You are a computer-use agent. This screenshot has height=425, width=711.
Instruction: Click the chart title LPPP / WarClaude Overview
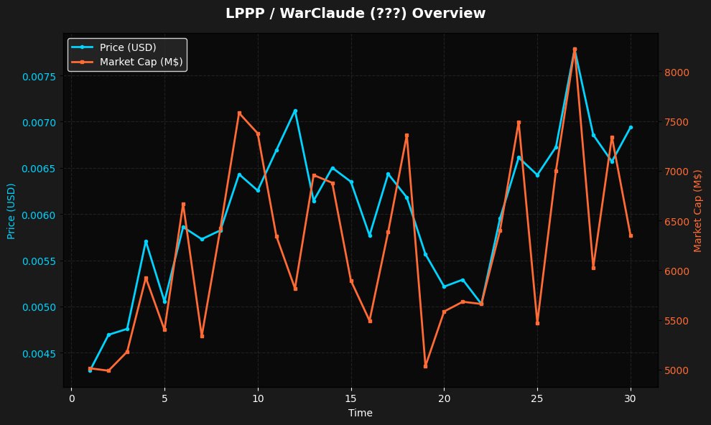[355, 14]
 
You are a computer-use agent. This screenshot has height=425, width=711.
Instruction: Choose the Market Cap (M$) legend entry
[141, 62]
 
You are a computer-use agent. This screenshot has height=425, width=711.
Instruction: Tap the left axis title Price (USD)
[11, 211]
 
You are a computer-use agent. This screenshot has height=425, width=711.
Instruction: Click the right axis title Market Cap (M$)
[697, 211]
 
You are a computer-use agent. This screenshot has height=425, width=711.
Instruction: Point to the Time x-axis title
[360, 413]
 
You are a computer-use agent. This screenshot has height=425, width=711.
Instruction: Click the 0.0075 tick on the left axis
[36, 76]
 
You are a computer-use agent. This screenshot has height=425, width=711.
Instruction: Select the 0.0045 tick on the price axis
[36, 354]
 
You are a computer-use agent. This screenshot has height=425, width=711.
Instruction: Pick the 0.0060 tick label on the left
[36, 215]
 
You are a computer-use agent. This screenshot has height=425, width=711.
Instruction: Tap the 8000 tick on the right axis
[677, 73]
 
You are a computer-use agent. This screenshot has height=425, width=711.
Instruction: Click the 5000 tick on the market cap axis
[677, 370]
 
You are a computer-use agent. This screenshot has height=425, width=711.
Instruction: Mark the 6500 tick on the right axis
[677, 222]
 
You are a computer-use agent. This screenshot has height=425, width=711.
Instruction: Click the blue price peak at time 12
[295, 111]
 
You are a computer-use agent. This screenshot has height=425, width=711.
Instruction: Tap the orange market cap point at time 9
[239, 113]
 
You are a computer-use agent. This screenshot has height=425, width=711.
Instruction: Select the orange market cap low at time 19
[425, 366]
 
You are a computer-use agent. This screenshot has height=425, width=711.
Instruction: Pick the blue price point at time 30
[631, 127]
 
